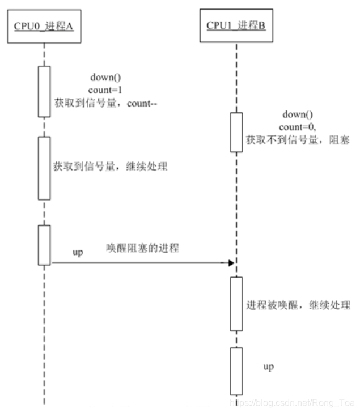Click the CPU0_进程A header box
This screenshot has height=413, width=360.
pos(43,27)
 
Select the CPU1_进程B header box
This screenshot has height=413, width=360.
pos(236,27)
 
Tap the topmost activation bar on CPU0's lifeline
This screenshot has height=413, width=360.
pos(44,91)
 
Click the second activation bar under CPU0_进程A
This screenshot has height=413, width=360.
pos(44,167)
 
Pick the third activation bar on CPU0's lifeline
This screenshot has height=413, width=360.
pos(44,245)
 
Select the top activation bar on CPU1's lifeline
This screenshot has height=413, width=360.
pos(236,132)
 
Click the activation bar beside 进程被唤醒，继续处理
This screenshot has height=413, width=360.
pos(236,304)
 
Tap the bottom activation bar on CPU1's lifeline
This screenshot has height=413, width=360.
pos(236,370)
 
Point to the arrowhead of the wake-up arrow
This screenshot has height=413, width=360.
pos(231,263)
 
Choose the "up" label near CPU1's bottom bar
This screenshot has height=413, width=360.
pos(269,367)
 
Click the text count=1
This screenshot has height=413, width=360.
pos(102,90)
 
